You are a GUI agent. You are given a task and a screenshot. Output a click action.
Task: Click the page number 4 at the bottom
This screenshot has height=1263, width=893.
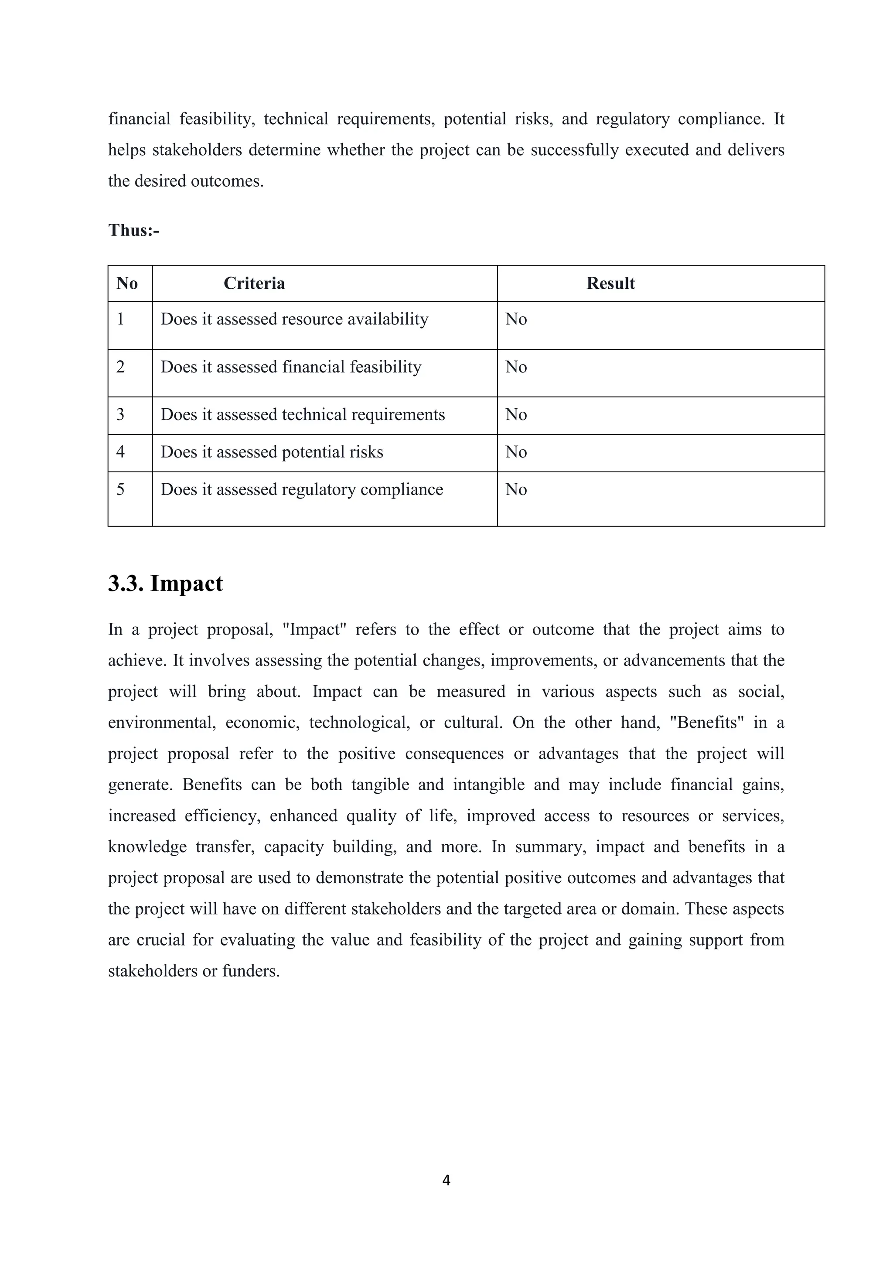446,1180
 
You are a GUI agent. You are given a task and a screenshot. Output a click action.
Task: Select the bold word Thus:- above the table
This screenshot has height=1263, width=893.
133,230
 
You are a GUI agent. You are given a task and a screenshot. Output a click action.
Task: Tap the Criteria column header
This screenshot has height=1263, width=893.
254,283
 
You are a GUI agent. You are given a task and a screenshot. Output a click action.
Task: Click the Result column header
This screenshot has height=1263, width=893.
610,283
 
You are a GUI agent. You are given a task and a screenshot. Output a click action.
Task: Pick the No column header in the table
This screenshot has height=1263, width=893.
127,283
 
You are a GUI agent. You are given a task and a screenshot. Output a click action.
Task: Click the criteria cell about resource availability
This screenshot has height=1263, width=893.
294,319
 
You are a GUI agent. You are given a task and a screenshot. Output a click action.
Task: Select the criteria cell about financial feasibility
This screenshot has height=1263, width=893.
291,367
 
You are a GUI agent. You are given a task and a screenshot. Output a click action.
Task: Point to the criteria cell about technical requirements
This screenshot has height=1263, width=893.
303,414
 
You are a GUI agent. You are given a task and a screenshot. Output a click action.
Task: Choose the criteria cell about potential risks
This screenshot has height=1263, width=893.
272,452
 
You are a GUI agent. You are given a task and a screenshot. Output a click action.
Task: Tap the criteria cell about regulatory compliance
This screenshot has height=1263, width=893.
301,490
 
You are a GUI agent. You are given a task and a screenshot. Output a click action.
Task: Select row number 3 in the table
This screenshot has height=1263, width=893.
120,414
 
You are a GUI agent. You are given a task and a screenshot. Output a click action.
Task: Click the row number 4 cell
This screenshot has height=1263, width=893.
120,452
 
